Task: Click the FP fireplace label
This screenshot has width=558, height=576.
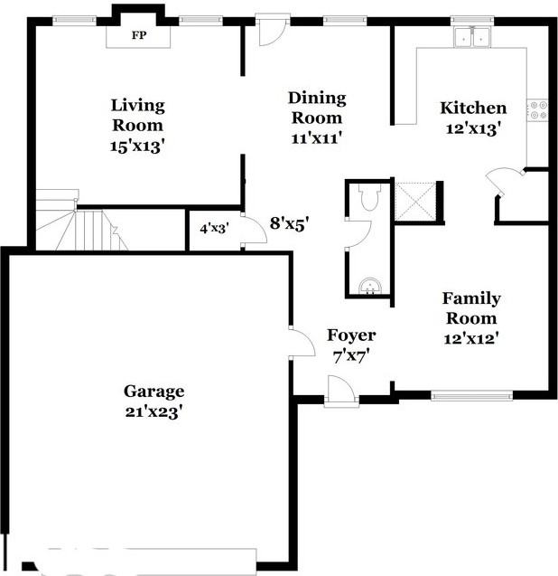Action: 138,35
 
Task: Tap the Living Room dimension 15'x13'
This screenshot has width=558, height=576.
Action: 138,145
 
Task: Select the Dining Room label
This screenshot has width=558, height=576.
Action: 317,108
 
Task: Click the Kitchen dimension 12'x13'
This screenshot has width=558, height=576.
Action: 473,128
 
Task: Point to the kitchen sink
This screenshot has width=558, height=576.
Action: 472,38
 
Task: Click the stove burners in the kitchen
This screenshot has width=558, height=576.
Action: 540,110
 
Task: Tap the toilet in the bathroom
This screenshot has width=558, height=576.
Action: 367,198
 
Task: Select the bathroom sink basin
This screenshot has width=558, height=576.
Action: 370,286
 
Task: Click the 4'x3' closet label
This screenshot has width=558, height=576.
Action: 213,228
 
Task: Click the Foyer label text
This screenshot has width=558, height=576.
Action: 351,335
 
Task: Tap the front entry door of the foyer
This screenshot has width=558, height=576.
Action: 341,392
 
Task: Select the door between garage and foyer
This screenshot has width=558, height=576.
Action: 299,341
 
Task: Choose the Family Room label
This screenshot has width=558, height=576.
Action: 471,308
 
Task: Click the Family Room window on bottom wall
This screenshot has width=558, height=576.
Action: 471,395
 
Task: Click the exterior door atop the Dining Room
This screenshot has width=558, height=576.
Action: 271,31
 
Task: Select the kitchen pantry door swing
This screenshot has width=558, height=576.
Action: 504,181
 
